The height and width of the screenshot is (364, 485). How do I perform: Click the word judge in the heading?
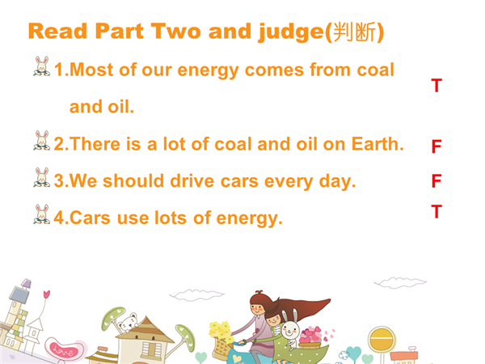(x=291, y=32)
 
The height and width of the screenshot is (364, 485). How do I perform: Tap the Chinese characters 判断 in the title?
(x=355, y=32)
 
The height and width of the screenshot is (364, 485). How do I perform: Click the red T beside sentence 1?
(x=436, y=86)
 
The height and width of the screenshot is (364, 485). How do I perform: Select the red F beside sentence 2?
(x=436, y=146)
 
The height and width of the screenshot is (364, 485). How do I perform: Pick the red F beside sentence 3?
(x=436, y=180)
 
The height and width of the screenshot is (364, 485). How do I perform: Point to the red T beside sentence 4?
(x=436, y=211)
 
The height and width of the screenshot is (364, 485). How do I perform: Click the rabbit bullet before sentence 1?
(x=42, y=66)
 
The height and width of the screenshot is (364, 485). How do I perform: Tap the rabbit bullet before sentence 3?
(x=42, y=177)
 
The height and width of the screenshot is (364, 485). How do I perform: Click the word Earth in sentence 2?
(x=377, y=144)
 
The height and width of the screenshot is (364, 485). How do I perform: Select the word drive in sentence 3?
(x=192, y=181)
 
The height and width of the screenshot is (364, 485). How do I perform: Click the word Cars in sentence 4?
(x=90, y=218)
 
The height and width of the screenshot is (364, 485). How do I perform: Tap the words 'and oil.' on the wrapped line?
(x=102, y=107)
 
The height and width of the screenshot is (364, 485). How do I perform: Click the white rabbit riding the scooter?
(x=291, y=328)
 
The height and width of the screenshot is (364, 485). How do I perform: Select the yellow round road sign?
(x=382, y=339)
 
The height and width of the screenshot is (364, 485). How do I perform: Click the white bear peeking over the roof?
(x=128, y=323)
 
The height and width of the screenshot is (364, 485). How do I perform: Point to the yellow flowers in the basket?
(x=220, y=330)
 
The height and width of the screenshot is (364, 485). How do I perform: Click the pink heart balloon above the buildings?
(x=46, y=294)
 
